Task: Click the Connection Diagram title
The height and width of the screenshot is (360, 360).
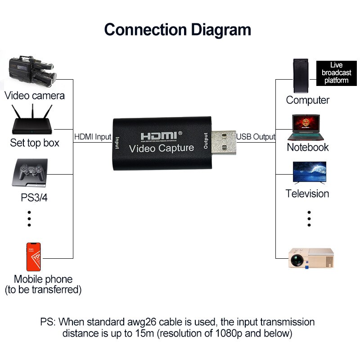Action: point(178,30)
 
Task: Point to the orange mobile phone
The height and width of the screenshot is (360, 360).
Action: point(33,256)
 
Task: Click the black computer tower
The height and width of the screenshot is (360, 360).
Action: point(301,75)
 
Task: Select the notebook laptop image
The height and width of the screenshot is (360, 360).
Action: point(308,127)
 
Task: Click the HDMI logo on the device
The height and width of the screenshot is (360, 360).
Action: point(161,135)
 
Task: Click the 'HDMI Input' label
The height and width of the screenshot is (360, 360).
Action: point(92,137)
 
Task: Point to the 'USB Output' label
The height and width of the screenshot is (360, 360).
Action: point(256,137)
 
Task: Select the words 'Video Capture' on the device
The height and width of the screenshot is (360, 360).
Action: point(162,148)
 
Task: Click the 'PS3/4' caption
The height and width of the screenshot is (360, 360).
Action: point(34,198)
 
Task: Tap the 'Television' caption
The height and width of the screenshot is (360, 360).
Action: point(307,193)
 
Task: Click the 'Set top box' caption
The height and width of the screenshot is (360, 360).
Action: point(35,143)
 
